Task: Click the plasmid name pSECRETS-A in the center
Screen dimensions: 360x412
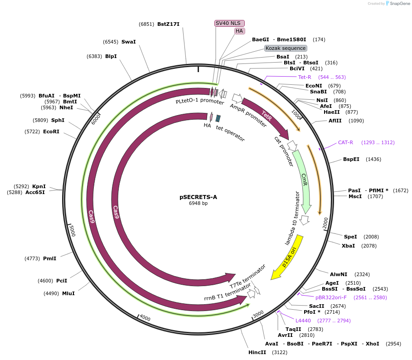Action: tap(198, 197)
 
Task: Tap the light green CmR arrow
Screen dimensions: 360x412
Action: tap(304, 181)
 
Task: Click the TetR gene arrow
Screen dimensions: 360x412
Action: tap(267, 118)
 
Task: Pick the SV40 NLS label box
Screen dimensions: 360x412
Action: tap(229, 23)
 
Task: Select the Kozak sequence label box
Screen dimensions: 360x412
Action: tap(286, 48)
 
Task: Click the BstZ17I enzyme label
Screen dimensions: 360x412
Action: tap(168, 24)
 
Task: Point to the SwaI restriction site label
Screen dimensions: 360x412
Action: tap(128, 42)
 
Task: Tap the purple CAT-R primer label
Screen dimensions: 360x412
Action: tap(345, 142)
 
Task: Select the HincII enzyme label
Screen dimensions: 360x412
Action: tap(257, 352)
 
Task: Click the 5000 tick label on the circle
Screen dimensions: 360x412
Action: tap(72, 230)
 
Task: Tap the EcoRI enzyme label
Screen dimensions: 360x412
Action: tap(51, 131)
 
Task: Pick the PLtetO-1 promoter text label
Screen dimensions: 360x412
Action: tap(194, 101)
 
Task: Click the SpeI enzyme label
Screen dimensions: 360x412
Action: tap(350, 237)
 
